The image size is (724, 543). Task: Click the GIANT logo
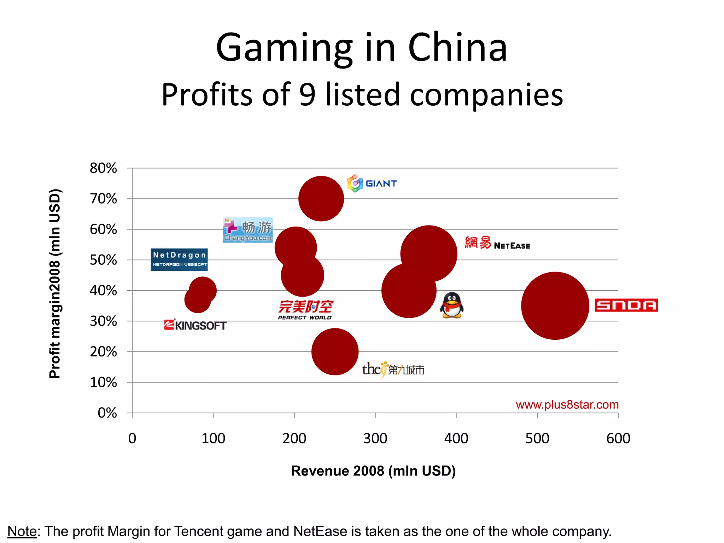pos(372,183)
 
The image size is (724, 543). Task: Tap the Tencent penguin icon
pos(452,305)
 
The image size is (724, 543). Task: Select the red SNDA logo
pos(626,305)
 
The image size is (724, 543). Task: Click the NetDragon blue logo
pos(179,259)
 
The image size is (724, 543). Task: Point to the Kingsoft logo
pos(195,325)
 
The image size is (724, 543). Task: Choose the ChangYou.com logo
pos(248,230)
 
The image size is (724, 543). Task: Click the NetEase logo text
pos(497,243)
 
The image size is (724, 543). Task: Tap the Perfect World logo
pos(305,310)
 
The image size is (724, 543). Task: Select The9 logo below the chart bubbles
pos(393,369)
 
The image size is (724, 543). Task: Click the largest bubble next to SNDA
pos(555,306)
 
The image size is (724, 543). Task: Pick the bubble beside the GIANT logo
pos(321,199)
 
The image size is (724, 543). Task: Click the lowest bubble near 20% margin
pos(335,352)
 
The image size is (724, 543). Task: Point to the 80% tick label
pos(103,168)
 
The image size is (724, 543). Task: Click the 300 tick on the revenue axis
pos(375,438)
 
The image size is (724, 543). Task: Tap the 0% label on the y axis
pos(107,413)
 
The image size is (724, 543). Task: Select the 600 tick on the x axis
pos(618,438)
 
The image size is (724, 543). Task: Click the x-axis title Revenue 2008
pos(373,471)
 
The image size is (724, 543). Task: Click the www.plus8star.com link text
pos(567,404)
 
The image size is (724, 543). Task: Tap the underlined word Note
pos(22,531)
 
